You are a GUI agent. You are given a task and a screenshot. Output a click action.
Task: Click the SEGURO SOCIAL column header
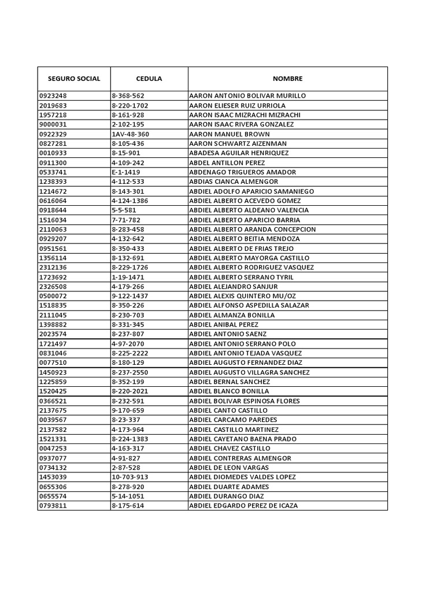tap(74, 79)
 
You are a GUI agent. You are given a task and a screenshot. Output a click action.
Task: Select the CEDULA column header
tap(149, 79)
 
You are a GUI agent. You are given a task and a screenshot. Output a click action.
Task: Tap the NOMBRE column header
tap(287, 79)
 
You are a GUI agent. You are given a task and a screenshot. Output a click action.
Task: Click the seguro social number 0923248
tap(53, 96)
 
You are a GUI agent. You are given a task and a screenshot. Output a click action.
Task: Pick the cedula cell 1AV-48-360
tap(131, 134)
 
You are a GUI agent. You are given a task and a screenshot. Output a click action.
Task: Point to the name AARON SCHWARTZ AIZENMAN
tap(238, 143)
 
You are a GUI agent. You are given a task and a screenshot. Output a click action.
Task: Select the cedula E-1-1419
tap(125, 172)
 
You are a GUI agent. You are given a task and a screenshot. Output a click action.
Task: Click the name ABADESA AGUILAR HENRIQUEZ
tap(239, 153)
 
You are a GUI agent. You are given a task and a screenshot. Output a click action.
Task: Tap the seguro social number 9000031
tap(53, 124)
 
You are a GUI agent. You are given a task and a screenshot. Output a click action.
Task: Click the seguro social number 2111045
tap(53, 315)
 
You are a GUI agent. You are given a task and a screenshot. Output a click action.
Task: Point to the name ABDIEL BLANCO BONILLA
tap(229, 391)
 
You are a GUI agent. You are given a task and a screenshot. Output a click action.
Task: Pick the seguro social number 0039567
tap(53, 420)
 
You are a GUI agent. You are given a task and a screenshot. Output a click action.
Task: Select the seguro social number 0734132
tap(53, 468)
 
